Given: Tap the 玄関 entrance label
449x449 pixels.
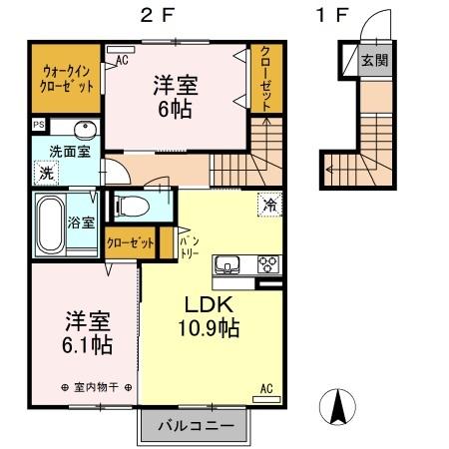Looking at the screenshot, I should (x=375, y=59).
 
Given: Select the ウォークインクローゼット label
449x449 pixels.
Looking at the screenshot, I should (x=67, y=77).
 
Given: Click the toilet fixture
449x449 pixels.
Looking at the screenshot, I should (x=130, y=207).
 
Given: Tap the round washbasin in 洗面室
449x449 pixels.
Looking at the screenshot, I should (x=82, y=130).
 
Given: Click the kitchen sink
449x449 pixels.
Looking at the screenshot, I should (x=230, y=264).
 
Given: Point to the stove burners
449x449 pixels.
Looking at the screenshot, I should (x=267, y=264).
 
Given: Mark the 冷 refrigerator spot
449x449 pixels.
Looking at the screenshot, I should (x=268, y=203).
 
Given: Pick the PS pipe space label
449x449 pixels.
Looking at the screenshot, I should (x=39, y=125).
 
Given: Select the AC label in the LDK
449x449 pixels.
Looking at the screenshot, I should (x=266, y=388).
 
